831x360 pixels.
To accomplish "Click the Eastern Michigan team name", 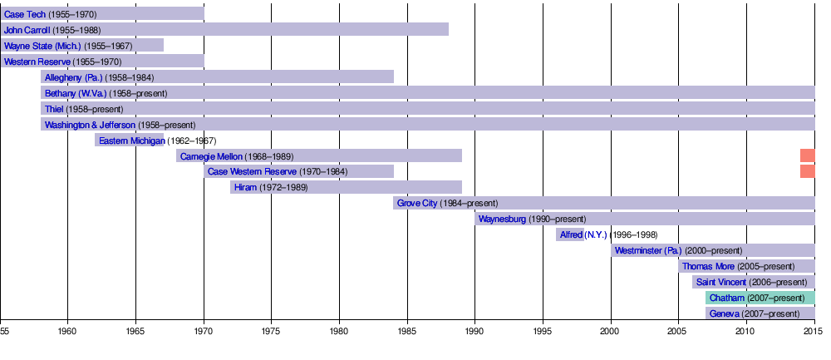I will coord(131,141).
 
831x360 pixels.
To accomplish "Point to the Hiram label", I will coord(245,188).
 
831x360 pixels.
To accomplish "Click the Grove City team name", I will coord(416,204).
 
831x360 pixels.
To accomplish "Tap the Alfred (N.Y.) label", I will coord(583,235).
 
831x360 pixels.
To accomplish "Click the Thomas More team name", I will coord(706,267).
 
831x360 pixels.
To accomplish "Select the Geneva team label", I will coord(725,314).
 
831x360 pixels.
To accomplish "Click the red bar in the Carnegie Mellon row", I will coord(807,155).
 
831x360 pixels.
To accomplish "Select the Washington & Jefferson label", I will coord(90,125).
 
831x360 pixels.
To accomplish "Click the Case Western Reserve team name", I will coord(250,172).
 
